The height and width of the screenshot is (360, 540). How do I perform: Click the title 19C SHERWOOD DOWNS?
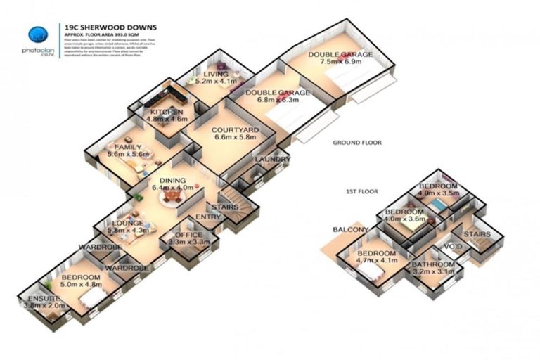click(110, 27)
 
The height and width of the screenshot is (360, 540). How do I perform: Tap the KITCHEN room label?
click(167, 112)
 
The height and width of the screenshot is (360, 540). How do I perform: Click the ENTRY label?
click(208, 217)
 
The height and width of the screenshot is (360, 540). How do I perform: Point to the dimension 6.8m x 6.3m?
click(276, 100)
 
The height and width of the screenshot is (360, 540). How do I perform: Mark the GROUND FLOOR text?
click(356, 143)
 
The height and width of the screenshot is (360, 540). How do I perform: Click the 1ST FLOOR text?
click(362, 191)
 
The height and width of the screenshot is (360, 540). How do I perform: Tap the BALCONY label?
click(351, 230)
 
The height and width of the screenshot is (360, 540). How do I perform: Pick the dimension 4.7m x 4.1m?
click(377, 260)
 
